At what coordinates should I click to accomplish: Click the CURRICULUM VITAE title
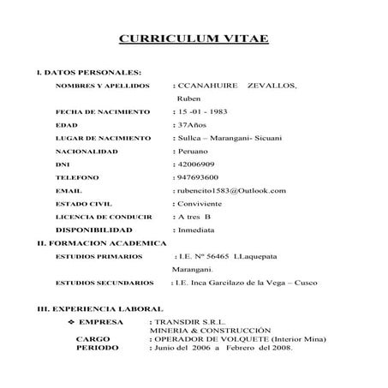(x=193, y=39)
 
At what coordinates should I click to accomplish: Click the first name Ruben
(x=189, y=99)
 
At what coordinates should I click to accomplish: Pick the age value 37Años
(x=191, y=125)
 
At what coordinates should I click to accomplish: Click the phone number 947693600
(x=200, y=177)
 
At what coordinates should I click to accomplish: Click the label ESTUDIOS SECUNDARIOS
(x=104, y=282)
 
